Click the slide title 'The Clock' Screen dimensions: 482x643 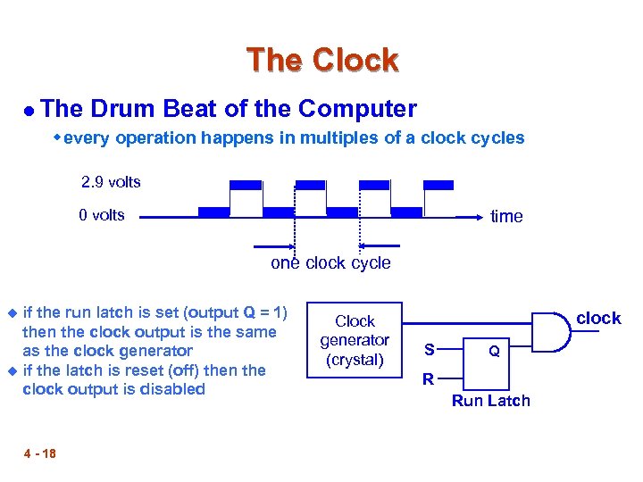[x=321, y=61]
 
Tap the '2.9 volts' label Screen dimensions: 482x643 [x=111, y=182]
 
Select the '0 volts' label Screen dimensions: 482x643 [x=102, y=214]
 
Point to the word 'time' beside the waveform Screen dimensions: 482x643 [x=506, y=216]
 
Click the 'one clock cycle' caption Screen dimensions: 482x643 [x=330, y=262]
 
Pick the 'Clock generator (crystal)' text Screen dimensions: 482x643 [x=355, y=340]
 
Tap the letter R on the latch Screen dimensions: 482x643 [x=428, y=379]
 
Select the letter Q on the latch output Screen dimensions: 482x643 [x=493, y=352]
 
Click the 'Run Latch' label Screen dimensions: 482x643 [x=490, y=401]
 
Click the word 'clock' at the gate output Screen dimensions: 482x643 [x=598, y=319]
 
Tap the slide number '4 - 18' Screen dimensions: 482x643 [x=39, y=453]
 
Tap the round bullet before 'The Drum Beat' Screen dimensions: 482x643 [x=29, y=111]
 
